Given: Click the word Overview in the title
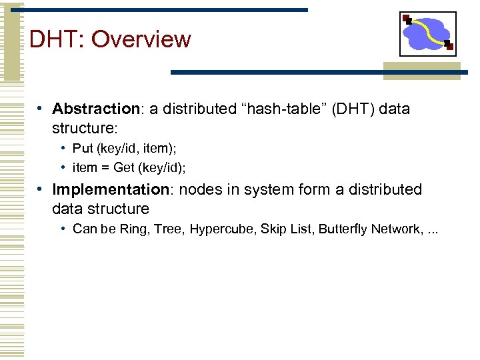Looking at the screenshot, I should (141, 39).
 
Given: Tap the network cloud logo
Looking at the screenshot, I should (427, 33).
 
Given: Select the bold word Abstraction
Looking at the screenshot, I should (95, 109).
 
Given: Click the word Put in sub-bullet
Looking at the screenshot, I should (82, 149).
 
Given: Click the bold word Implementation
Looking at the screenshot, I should (111, 190).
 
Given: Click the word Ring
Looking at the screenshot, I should (133, 229).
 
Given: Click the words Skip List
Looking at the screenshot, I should (286, 229).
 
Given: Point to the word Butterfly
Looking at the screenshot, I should (341, 229).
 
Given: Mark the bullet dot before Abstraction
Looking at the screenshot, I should (41, 108).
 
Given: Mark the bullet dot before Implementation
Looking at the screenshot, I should (41, 189).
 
